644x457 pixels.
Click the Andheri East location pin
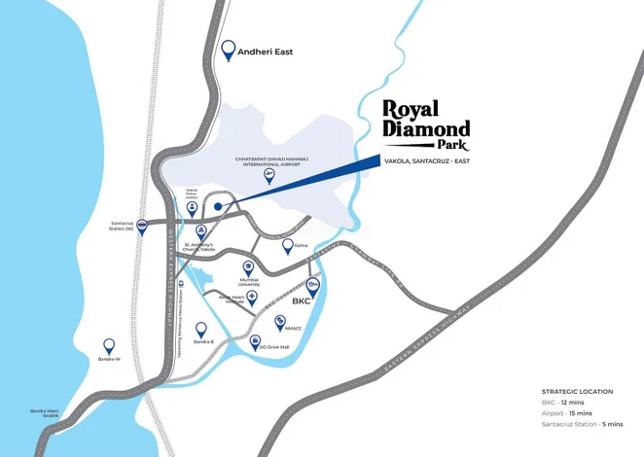230,49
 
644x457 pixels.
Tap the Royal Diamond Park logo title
425,123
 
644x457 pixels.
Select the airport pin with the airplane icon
282,176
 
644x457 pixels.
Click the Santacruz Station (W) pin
142,227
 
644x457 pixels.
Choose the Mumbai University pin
248,266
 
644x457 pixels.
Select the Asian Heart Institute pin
252,297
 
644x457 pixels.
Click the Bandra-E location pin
201,330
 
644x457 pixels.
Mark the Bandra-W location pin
109,345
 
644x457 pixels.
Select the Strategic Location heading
578,392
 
